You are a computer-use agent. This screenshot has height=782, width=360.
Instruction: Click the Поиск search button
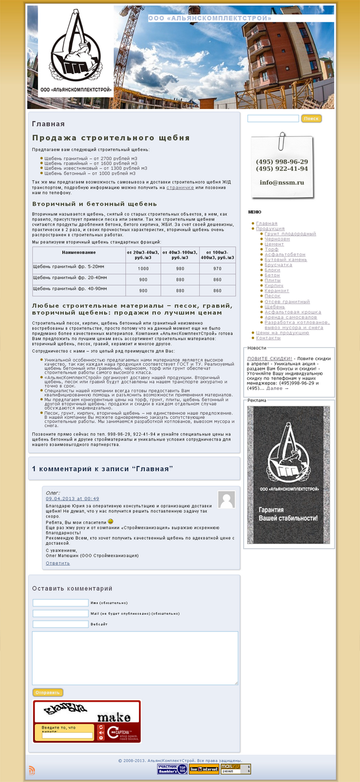pos(311,119)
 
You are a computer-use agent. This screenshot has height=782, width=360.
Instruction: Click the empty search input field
pos(273,119)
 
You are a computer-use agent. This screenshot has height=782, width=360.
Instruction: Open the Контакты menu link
pos(268,338)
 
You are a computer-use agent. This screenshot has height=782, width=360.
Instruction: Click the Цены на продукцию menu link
pos(282,333)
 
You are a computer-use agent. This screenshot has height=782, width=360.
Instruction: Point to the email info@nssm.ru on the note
pos(282,182)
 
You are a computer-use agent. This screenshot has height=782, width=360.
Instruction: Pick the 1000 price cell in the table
pos(143,268)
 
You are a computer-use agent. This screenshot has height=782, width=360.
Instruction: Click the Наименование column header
pos(79,252)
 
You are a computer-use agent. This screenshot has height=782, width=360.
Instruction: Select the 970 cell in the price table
pos(218,268)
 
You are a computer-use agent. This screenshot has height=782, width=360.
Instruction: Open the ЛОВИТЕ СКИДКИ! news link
pos(269,359)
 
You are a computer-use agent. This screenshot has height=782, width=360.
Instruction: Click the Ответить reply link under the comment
pos(58,563)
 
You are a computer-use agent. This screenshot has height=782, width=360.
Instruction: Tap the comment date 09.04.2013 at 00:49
pos(73,499)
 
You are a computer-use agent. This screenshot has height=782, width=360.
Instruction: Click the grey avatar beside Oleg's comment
pos(227,500)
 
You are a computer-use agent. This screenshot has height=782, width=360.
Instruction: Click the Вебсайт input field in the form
pos(60,624)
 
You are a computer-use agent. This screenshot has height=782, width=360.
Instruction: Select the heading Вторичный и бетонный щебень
pos(87,204)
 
